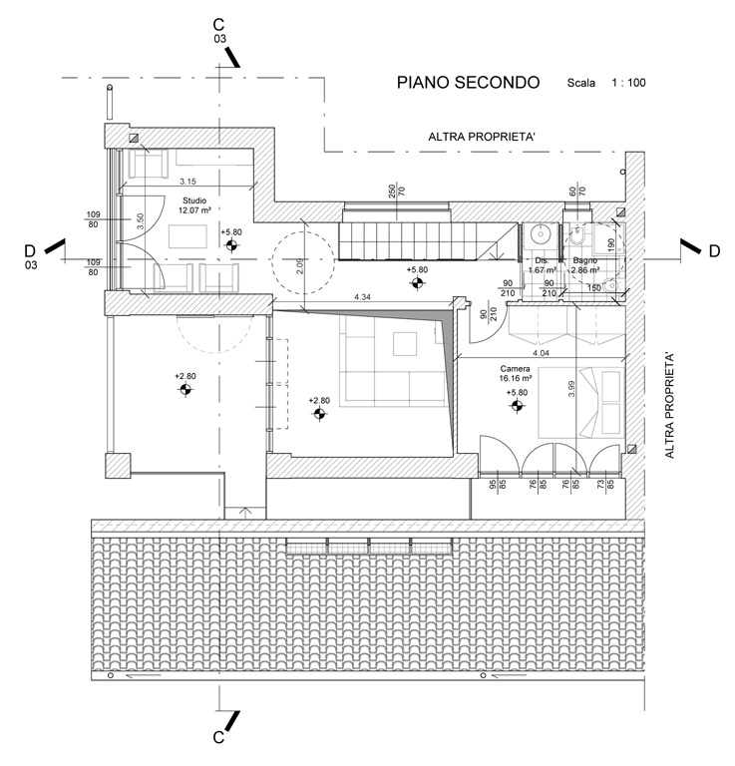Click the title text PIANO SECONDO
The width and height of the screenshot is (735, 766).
click(467, 83)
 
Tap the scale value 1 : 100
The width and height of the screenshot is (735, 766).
click(628, 84)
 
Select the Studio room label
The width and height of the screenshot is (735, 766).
click(194, 200)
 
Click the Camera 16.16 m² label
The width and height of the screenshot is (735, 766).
click(516, 373)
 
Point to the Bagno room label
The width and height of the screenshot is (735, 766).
click(585, 261)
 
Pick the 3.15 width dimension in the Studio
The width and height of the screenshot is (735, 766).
click(187, 182)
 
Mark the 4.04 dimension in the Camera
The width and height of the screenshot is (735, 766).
click(541, 353)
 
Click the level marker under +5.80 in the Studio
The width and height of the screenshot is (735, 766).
click(231, 244)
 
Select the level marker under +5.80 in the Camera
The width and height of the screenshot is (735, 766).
click(517, 406)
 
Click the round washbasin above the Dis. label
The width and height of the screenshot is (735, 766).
click(540, 235)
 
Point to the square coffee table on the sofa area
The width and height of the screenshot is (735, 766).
click(407, 342)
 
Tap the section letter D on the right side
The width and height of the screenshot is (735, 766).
click(714, 251)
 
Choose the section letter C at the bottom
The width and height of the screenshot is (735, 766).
click(217, 738)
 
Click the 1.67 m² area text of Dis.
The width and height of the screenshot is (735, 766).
click(541, 270)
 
